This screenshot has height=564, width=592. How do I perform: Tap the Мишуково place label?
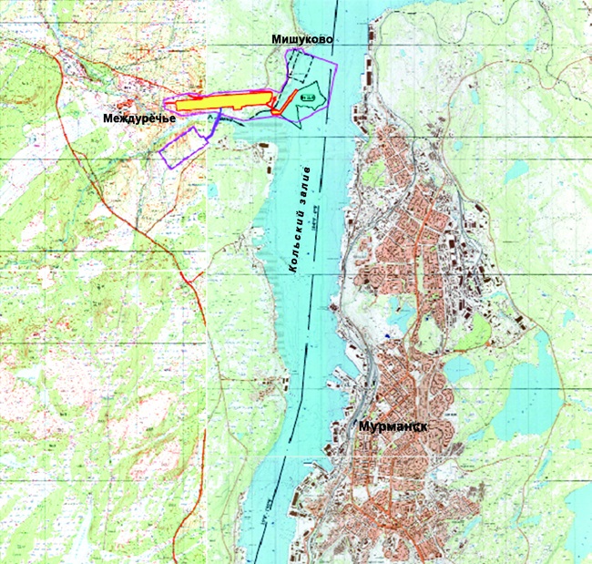click(301, 40)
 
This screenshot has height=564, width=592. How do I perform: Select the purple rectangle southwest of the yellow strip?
click(181, 146)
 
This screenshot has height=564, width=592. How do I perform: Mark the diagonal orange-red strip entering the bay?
click(287, 100)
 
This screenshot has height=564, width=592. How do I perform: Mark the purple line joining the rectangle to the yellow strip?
click(212, 122)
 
